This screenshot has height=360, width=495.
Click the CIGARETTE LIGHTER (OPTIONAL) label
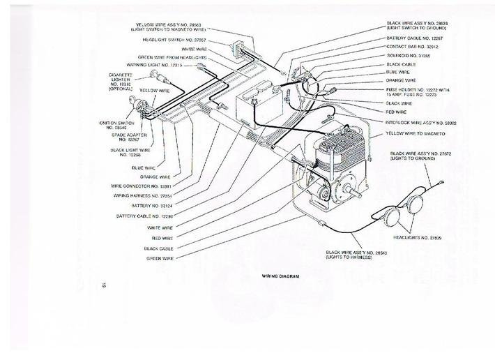click(120, 81)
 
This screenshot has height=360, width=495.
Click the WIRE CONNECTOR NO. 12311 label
click(141, 186)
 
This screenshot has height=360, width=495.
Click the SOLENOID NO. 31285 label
click(409, 54)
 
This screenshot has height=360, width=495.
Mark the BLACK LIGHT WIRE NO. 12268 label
click(130, 152)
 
